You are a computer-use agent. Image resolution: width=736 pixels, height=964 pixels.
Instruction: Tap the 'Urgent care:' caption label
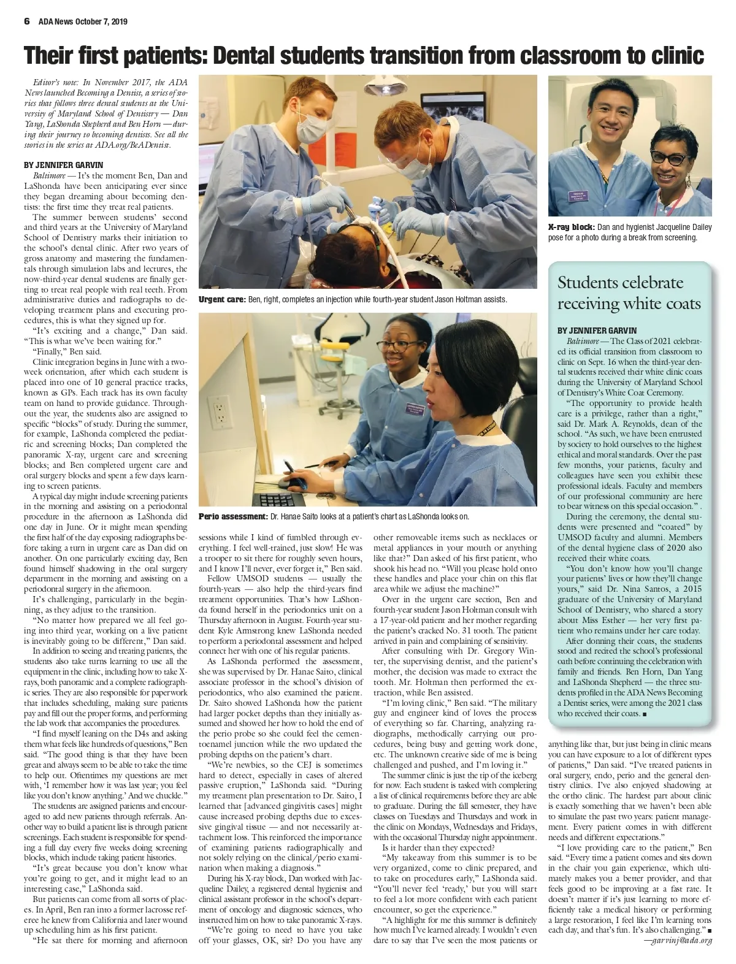221,300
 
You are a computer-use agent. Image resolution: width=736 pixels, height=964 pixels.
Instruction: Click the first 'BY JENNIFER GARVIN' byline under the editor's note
63,165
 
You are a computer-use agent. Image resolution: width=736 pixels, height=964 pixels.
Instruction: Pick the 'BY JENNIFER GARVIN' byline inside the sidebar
597,331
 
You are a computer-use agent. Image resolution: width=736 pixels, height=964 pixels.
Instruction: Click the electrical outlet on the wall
219,414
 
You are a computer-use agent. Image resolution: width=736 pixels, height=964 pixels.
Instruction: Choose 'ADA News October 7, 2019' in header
83,21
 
